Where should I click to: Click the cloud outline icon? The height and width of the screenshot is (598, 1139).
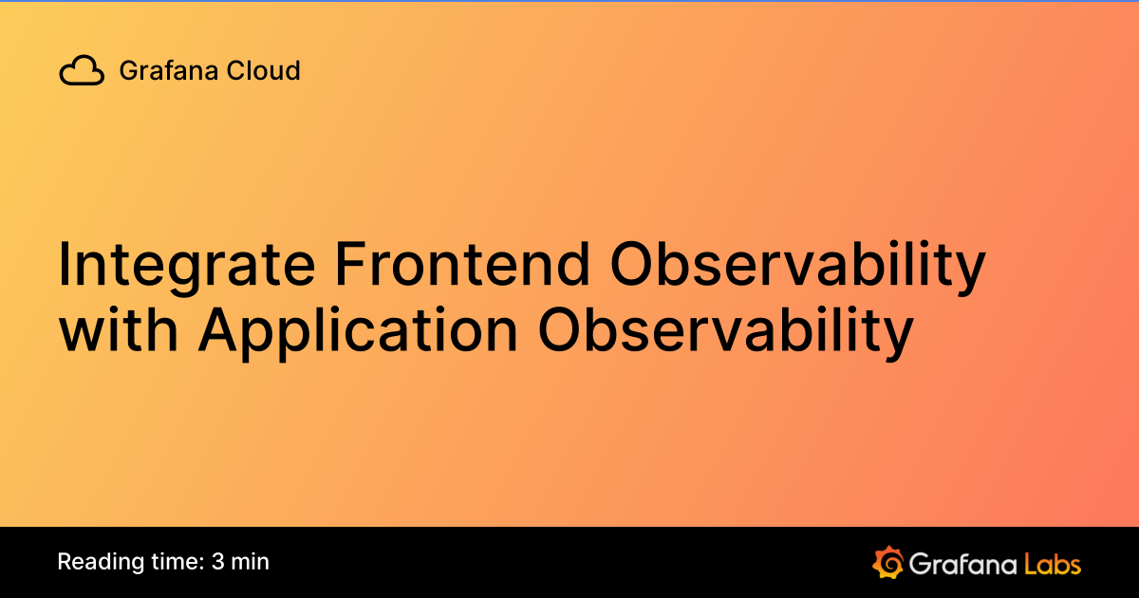pos(82,71)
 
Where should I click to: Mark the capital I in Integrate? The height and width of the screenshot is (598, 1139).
pos(65,266)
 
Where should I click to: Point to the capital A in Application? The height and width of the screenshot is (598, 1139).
pos(221,329)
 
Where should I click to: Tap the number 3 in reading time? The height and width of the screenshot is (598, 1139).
pos(218,562)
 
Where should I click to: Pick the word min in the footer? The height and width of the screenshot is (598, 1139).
pos(252,562)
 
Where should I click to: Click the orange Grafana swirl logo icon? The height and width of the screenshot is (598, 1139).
pos(887,562)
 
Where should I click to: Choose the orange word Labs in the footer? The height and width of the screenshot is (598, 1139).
pos(1053,564)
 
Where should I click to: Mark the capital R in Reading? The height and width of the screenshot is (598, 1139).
pos(65,562)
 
